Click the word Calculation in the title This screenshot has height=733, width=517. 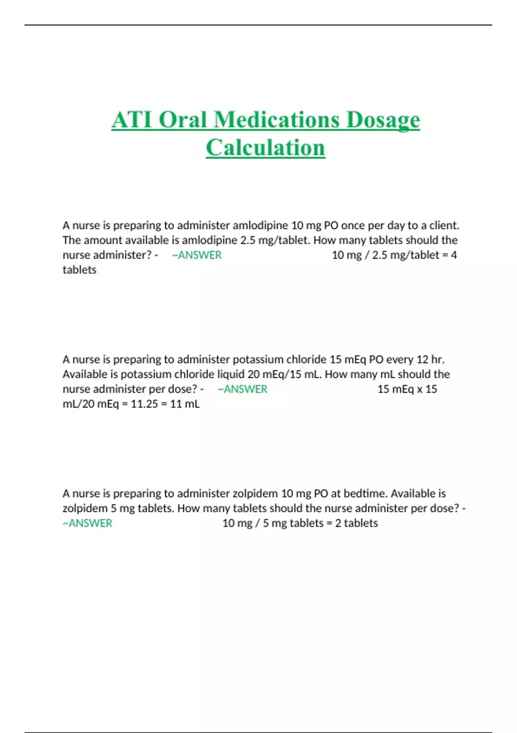coord(265,148)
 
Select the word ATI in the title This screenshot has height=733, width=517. coord(132,119)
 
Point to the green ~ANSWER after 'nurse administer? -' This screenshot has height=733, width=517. coord(196,255)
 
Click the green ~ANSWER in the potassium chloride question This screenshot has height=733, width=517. coord(242,389)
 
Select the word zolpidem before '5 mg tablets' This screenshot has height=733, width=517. coord(85,508)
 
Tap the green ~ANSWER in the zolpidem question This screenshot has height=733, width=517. coord(87,523)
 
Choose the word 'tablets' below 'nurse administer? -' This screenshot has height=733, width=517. coord(79,270)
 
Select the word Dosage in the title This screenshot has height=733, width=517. coord(383,119)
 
